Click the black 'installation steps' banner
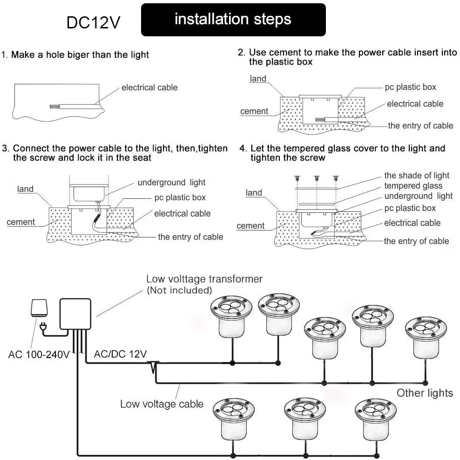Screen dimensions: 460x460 coord(233,20)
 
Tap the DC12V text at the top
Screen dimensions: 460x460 coord(93,22)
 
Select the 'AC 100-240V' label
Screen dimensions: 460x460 coord(39,355)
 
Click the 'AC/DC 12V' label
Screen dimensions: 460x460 coord(120,354)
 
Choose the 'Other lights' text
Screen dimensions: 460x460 coord(425,392)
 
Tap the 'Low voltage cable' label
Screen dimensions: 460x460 coord(162,404)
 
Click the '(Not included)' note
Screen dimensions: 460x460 coord(179,291)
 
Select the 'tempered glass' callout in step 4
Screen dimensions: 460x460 coord(413,186)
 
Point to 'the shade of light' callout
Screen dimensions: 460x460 coord(417,176)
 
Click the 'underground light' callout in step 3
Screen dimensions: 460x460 coord(171,183)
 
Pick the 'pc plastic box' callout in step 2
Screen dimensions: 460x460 coord(410,87)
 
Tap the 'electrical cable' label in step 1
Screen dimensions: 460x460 coord(149,88)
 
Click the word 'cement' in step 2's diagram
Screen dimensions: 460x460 coord(254,111)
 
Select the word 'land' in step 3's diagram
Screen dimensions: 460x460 coord(26,189)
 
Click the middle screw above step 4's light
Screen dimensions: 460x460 coord(316,177)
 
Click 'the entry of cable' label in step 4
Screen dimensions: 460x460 coord(416,241)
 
